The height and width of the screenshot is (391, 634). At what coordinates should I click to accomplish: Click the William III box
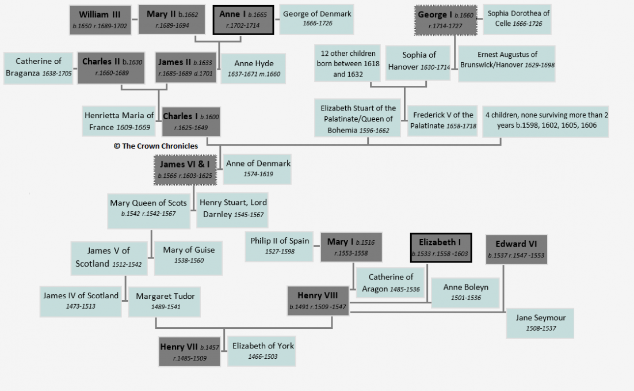tap(100, 20)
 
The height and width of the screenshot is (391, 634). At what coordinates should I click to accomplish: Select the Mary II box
tap(172, 20)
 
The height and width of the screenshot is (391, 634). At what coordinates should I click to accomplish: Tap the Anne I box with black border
tap(243, 20)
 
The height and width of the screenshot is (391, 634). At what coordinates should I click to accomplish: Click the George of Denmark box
tap(316, 19)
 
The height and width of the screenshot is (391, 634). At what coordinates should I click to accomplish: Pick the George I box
tap(445, 20)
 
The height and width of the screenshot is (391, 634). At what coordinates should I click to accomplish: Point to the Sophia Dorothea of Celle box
tap(518, 19)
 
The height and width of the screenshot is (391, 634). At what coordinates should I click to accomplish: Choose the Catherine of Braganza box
tap(39, 68)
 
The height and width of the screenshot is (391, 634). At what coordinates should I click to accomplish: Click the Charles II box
tap(111, 67)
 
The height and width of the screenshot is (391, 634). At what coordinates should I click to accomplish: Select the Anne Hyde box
tap(254, 69)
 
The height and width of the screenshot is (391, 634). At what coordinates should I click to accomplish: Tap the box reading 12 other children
tap(347, 63)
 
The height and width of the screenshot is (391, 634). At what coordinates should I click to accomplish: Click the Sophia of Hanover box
tap(418, 63)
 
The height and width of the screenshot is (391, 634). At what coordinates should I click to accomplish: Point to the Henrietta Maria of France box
tap(119, 121)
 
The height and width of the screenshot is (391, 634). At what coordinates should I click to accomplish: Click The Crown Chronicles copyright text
tap(156, 146)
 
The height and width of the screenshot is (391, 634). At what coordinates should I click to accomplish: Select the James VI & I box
tap(185, 170)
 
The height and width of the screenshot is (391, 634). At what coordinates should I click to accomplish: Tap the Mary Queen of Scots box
tap(149, 211)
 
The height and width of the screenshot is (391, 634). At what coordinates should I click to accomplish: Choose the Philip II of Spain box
tap(280, 246)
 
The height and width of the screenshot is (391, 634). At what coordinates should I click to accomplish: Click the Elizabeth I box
tap(441, 248)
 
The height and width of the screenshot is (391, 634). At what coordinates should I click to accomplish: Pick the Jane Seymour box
tap(540, 324)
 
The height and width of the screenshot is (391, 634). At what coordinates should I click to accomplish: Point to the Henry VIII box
tap(318, 301)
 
